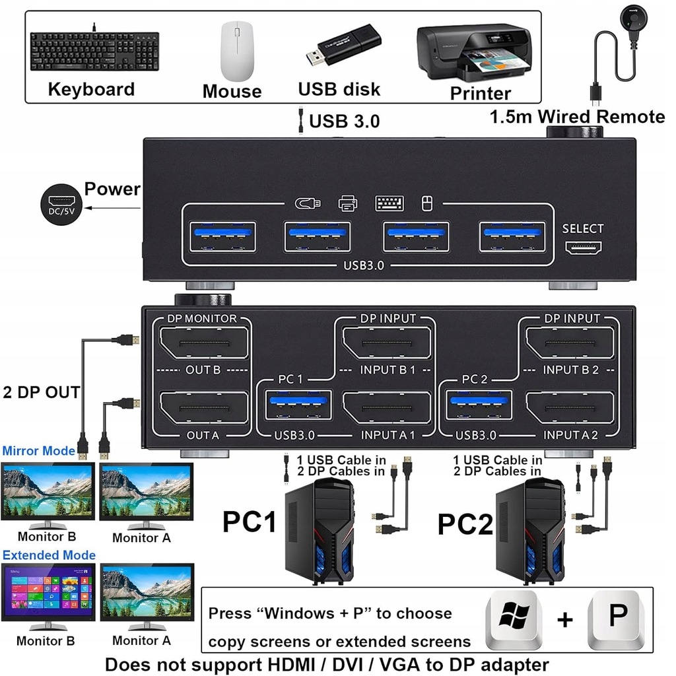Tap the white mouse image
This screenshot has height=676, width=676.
(x=237, y=51)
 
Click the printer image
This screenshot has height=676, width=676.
(x=474, y=53)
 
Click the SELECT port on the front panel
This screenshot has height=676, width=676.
(x=584, y=248)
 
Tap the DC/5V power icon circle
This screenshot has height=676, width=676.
(x=61, y=205)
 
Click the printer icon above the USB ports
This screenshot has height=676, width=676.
(x=347, y=203)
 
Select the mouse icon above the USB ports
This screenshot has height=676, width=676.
(x=427, y=203)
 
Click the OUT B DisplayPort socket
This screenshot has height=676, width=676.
(x=204, y=343)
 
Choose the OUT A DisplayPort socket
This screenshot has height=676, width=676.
(x=204, y=408)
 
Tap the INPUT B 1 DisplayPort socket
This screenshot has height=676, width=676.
(x=387, y=343)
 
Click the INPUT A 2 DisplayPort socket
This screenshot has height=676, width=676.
(x=570, y=408)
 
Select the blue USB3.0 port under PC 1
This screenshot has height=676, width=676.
(x=298, y=405)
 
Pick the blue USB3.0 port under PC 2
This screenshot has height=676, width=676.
(x=479, y=405)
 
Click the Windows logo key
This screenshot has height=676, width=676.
(x=514, y=619)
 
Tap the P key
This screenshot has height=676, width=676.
(x=617, y=619)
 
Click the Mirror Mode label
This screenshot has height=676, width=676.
(x=39, y=451)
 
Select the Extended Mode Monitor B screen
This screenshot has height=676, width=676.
(x=48, y=592)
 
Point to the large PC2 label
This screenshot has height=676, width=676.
(x=465, y=524)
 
